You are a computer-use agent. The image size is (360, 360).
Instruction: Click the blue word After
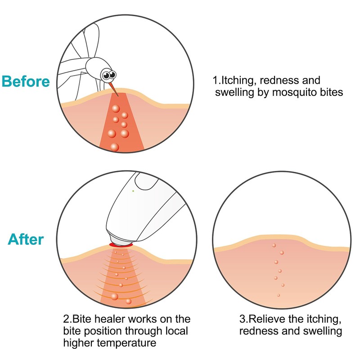[x=26, y=239]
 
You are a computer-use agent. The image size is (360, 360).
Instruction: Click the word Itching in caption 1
[x=239, y=81]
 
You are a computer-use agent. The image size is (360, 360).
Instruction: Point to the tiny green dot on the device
[x=133, y=190]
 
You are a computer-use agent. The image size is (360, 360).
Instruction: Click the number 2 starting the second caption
[x=66, y=319]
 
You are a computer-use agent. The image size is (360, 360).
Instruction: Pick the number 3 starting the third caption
[x=242, y=319]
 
